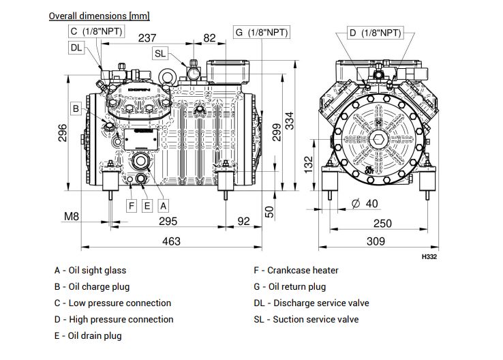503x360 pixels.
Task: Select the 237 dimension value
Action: point(147,38)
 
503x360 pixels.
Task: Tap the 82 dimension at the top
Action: point(209,38)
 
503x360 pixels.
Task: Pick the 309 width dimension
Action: point(376,241)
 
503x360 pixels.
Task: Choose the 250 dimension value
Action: point(382,224)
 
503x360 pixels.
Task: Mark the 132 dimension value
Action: point(309,164)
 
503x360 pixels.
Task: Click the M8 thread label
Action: point(72,217)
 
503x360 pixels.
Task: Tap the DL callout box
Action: point(76,47)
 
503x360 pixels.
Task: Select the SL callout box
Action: point(160,53)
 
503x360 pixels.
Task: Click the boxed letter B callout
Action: point(76,107)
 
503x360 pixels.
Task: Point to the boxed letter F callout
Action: point(132,205)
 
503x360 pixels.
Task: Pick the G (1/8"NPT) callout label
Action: point(261,32)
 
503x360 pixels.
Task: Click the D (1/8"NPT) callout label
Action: point(374,32)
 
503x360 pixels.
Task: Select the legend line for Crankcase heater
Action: point(296,270)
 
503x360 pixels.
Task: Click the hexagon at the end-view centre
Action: point(379,141)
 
